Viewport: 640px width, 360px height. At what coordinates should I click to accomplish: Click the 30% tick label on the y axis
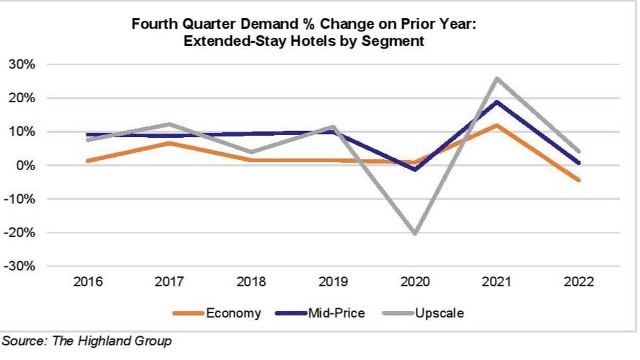(x=20, y=65)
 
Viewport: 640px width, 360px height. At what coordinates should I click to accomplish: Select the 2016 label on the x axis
(x=88, y=282)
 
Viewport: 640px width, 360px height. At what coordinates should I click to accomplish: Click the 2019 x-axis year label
(x=334, y=282)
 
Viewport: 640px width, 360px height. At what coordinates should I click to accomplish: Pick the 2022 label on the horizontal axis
(x=578, y=282)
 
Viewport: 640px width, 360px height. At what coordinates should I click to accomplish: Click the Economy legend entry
(x=233, y=313)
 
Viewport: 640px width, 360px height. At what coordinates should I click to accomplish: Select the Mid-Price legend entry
(x=336, y=313)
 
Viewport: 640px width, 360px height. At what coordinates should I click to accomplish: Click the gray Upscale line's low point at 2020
(x=415, y=233)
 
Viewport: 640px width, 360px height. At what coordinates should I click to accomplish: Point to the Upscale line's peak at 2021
(x=497, y=79)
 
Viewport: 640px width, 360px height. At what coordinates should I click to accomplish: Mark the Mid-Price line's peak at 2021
(x=497, y=102)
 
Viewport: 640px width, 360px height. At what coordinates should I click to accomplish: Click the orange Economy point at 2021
(x=497, y=125)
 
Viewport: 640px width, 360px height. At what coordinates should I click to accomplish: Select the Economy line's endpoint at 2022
(x=579, y=180)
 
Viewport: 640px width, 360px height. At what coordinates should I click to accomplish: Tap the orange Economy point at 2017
(x=170, y=143)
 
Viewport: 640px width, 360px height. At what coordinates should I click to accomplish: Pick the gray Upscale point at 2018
(x=251, y=152)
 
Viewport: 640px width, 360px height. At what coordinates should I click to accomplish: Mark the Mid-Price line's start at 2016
(x=88, y=135)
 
